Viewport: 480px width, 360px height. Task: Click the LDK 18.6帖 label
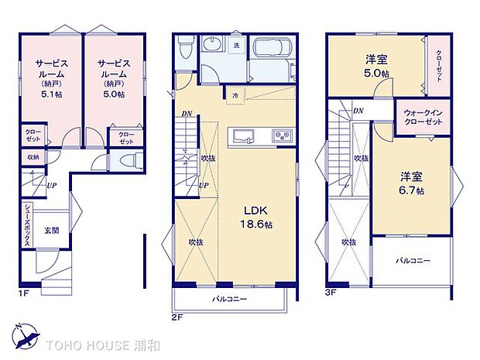tap(256, 215)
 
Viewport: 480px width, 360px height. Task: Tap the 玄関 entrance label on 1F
tap(52, 229)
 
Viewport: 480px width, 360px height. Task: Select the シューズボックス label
tap(27, 225)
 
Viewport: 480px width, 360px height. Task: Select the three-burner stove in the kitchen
tap(280, 137)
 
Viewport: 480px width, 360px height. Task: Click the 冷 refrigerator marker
tap(235, 95)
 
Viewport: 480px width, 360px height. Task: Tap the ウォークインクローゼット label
tap(423, 117)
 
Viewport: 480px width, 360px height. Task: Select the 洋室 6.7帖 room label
tap(410, 183)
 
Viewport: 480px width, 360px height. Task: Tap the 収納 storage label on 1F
tap(33, 157)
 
